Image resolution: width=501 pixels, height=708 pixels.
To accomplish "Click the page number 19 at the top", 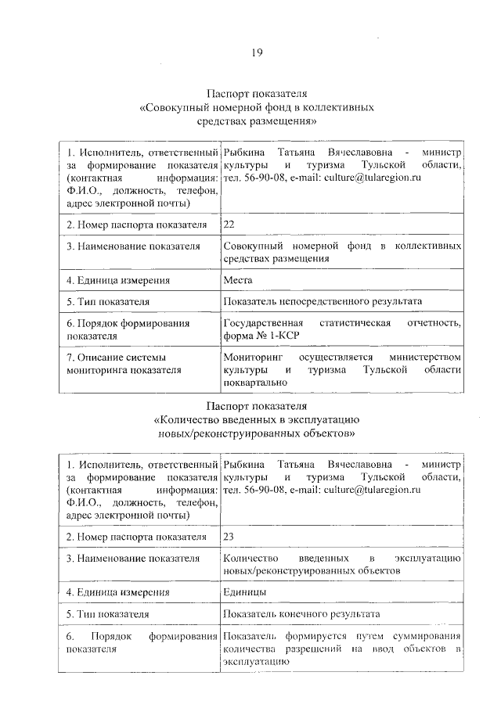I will coord(256,52).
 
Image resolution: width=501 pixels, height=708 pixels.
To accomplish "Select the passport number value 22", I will coord(229,225).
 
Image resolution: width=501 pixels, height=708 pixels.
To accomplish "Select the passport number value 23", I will coord(229,536).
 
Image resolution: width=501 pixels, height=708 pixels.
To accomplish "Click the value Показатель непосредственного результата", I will coord(322,301).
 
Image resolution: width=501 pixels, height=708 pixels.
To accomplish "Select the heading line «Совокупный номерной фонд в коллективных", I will coord(256,106).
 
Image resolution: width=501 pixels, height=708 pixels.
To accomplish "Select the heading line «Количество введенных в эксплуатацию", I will coord(256,419).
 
